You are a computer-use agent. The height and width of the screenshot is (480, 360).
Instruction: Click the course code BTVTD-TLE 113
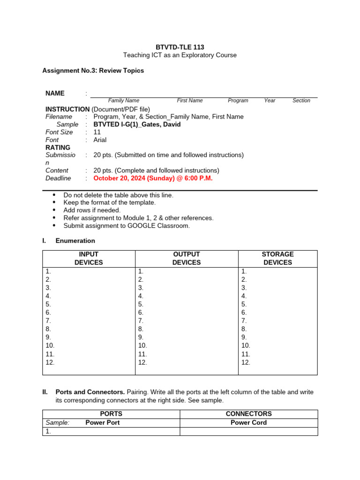click(180, 47)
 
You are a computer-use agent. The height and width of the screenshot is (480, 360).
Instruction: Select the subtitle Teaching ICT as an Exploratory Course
click(180, 55)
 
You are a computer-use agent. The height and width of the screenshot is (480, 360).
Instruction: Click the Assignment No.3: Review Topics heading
click(93, 70)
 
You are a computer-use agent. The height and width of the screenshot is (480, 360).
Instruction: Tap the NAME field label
click(55, 93)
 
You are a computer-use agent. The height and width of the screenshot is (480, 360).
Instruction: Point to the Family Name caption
click(124, 100)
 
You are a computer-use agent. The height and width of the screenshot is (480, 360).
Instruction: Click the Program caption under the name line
click(238, 100)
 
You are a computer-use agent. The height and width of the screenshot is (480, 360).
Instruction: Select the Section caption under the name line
click(301, 100)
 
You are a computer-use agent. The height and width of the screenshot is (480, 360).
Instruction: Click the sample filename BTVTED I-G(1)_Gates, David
click(137, 124)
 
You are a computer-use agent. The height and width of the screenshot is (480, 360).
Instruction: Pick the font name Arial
click(100, 140)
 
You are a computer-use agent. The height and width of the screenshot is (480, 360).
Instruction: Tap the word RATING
click(58, 147)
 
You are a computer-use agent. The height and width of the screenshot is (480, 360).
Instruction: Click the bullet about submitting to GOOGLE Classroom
click(127, 225)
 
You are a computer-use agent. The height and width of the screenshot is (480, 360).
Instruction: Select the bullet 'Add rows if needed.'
click(92, 210)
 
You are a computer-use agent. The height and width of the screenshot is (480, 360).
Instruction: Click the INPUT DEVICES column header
click(89, 258)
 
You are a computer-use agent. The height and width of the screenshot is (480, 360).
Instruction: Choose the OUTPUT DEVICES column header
click(187, 258)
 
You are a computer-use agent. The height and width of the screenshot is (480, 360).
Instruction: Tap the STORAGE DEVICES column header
click(277, 258)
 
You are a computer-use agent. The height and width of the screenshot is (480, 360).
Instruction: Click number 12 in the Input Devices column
click(50, 362)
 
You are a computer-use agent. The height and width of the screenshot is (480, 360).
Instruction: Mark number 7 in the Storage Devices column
click(244, 321)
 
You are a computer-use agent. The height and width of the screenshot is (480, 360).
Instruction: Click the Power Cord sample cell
click(248, 422)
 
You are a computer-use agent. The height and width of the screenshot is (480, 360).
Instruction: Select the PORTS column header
click(111, 414)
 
